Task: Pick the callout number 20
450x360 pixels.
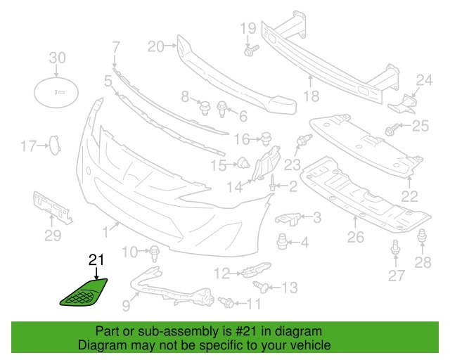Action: (x=155, y=47)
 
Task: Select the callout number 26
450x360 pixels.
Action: (x=355, y=238)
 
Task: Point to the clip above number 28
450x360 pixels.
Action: (x=423, y=237)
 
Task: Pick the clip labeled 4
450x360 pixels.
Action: (x=283, y=241)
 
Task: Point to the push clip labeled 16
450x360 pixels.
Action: (x=266, y=136)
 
